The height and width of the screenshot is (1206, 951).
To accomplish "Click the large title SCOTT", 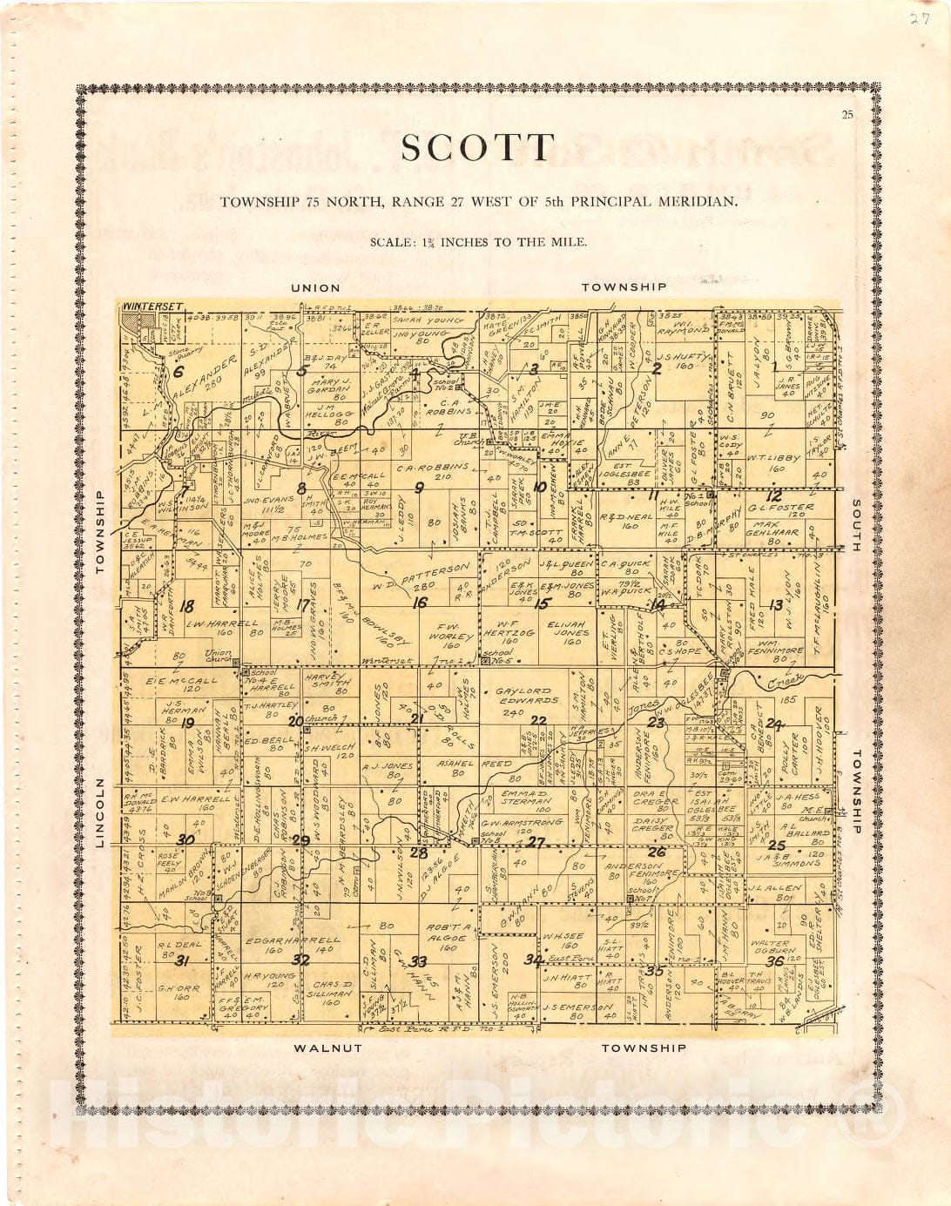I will (478, 148).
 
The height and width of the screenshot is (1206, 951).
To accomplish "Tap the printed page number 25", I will (847, 115).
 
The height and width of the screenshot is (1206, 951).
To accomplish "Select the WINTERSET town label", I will (153, 307).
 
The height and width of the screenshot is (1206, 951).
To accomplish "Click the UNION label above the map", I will (315, 287).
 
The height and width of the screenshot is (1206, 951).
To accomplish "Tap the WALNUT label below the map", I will (327, 1048).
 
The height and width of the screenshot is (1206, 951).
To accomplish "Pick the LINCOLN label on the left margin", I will (99, 813).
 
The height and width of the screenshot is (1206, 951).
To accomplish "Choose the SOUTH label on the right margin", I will (856, 525).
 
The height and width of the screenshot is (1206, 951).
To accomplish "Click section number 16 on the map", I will (420, 603).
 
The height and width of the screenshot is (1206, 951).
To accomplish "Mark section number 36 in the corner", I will (775, 961).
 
